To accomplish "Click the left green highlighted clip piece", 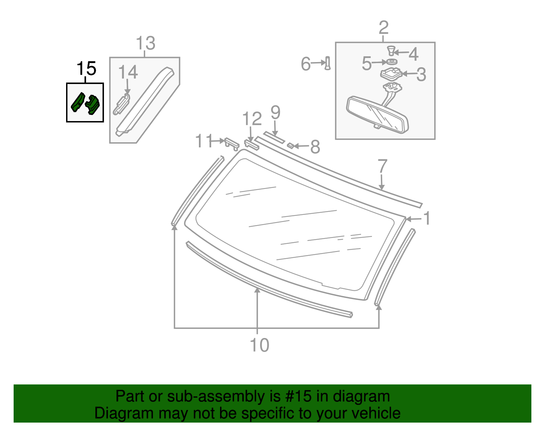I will [x=78, y=102].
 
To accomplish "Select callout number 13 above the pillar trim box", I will [x=145, y=44].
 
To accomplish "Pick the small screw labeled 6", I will [x=328, y=63].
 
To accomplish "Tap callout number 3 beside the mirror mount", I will [x=421, y=74].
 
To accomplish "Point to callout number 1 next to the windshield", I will [x=426, y=218].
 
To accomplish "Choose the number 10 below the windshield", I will [x=260, y=345].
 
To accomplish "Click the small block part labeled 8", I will [x=291, y=146].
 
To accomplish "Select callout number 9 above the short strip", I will [x=275, y=113].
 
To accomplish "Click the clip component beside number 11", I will [x=232, y=143].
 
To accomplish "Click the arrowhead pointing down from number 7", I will [x=382, y=187].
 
